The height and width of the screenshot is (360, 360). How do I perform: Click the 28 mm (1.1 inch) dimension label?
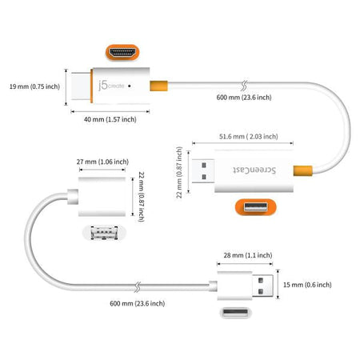tap(245, 255)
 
